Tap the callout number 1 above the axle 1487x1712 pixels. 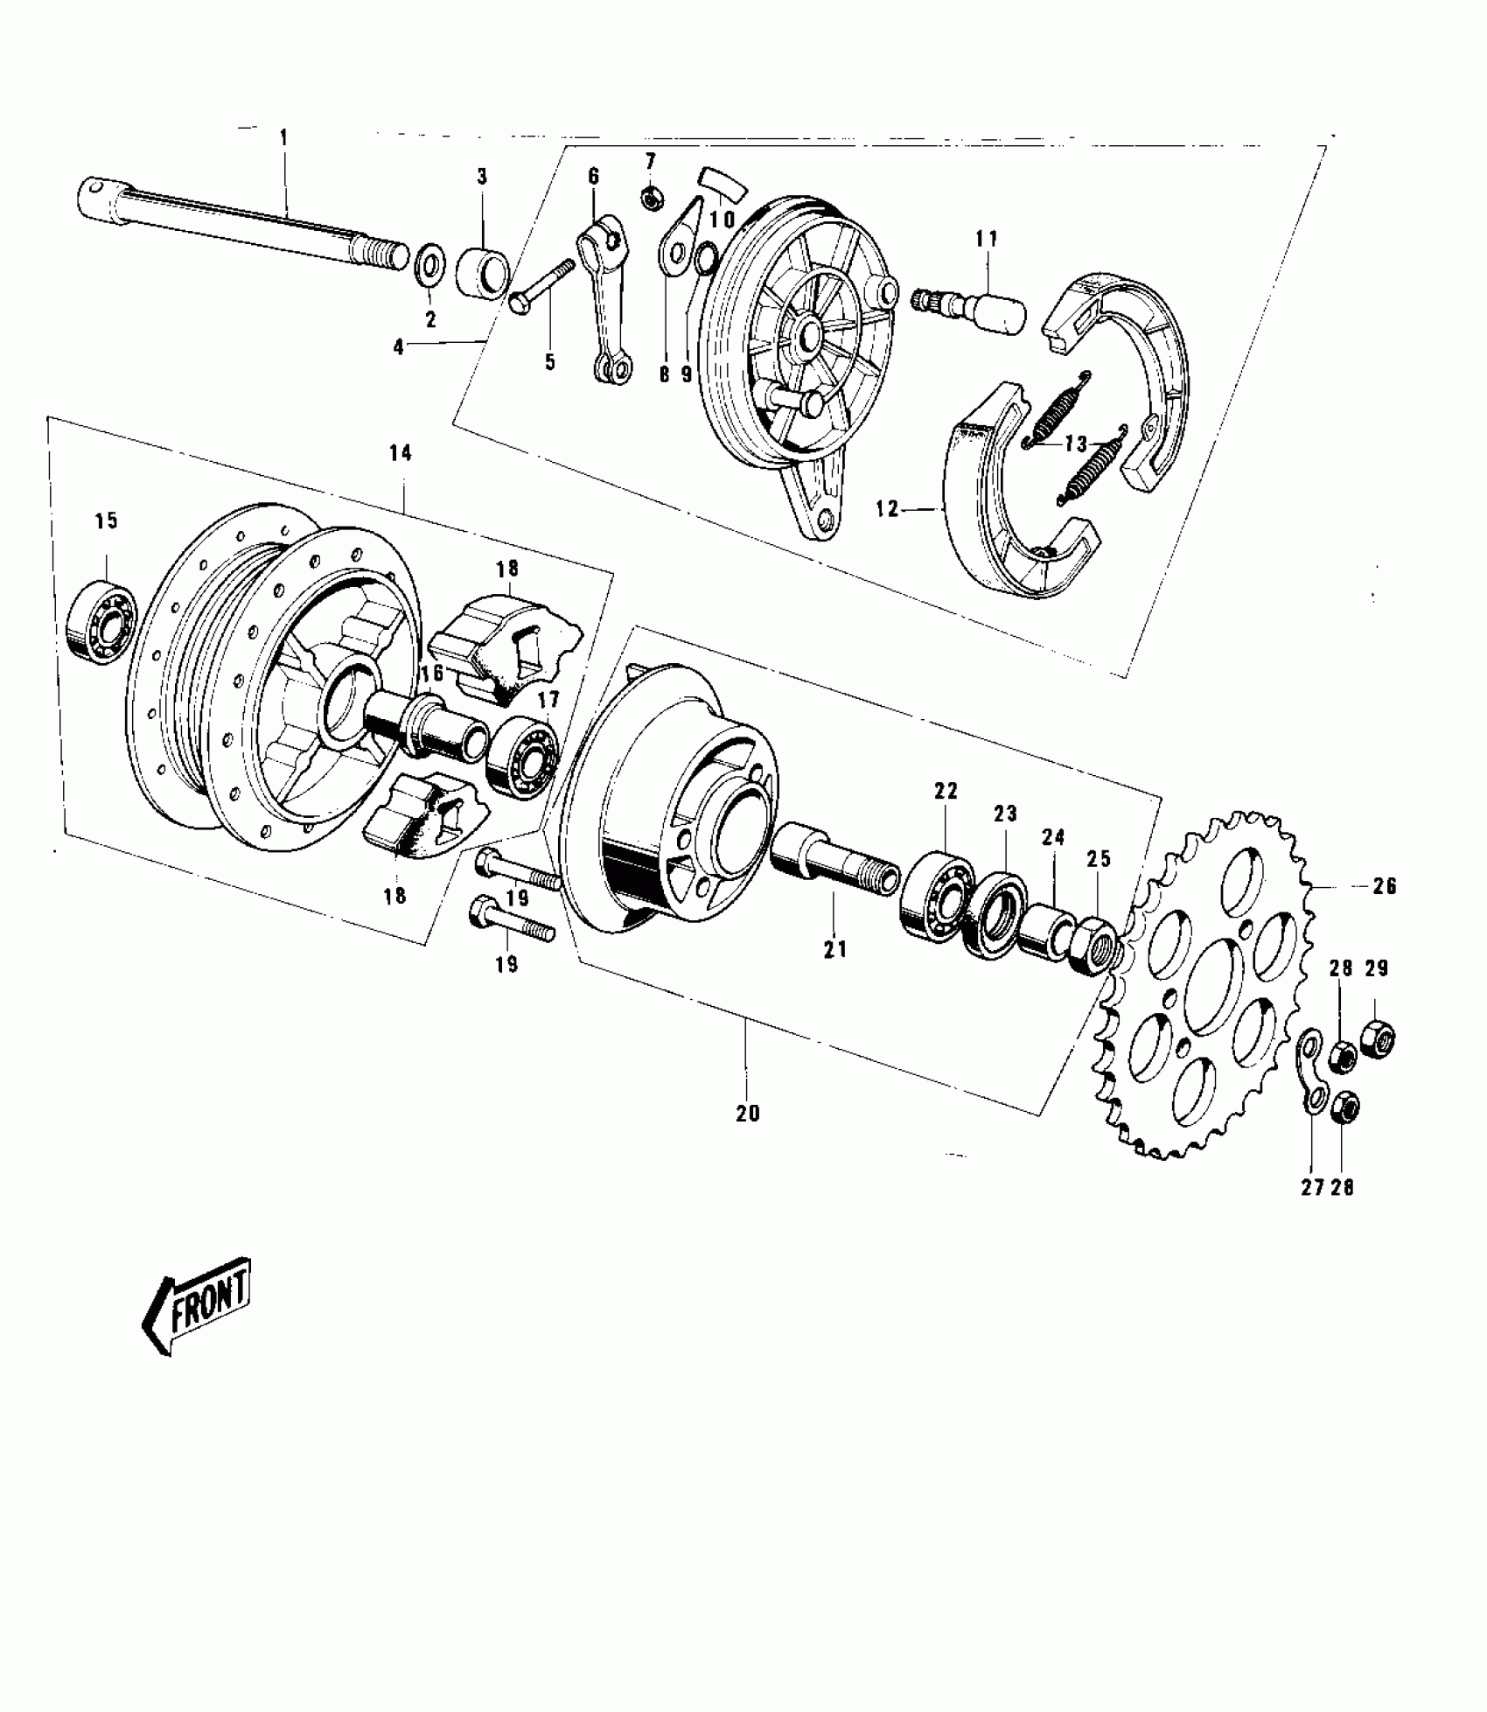click(x=283, y=137)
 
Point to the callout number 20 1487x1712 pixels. click(x=749, y=1114)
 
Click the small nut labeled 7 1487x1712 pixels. click(x=650, y=199)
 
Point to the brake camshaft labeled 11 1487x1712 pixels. click(x=971, y=305)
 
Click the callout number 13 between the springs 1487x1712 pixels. click(x=1075, y=444)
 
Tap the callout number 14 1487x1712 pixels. click(x=401, y=453)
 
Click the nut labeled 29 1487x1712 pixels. click(x=1378, y=1038)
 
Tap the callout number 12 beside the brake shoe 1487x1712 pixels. click(x=887, y=508)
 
